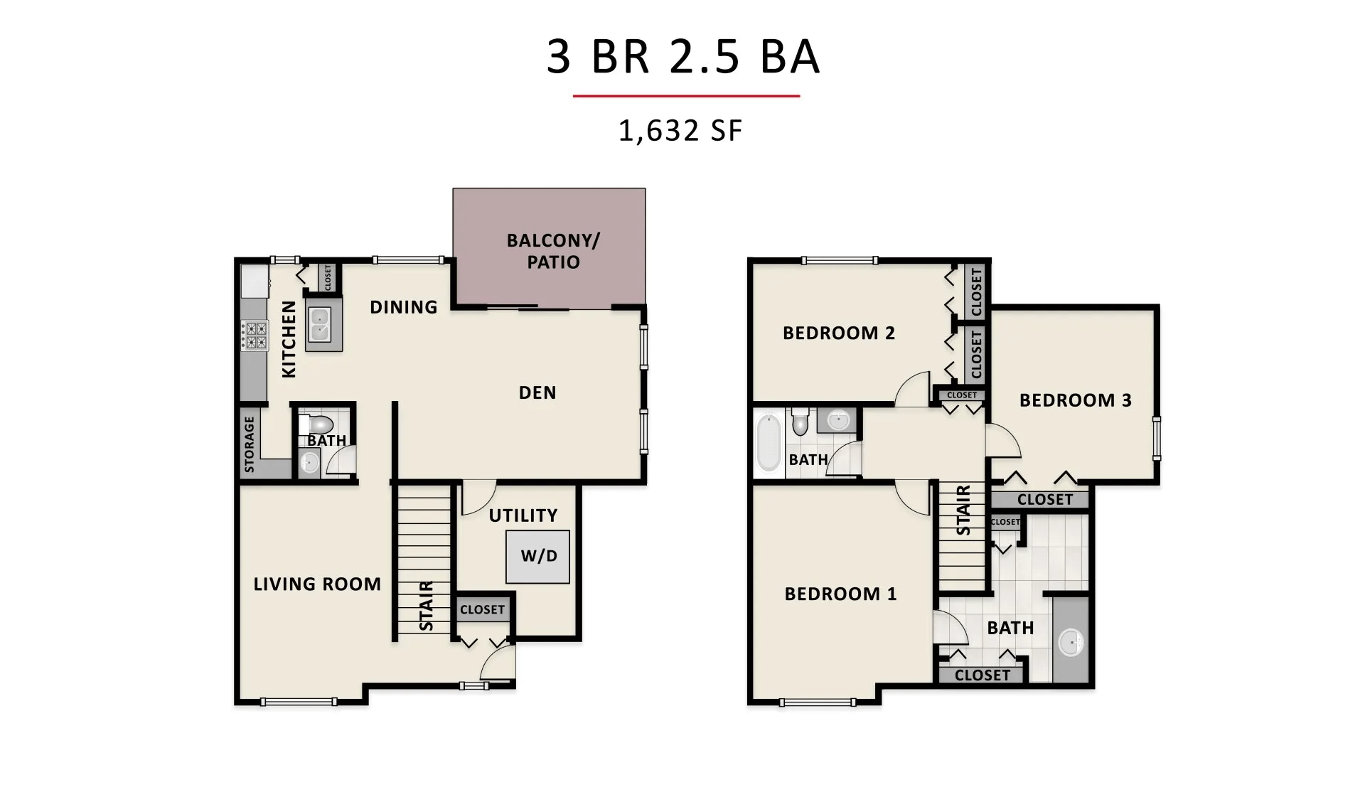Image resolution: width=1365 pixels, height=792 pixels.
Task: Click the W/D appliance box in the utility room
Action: click(538, 557)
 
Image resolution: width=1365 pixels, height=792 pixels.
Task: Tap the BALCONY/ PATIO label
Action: click(553, 251)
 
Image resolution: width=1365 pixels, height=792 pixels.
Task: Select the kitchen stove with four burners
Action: click(255, 336)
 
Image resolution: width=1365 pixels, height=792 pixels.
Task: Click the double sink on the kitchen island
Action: click(319, 324)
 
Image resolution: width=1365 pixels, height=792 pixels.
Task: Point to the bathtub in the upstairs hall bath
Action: click(769, 443)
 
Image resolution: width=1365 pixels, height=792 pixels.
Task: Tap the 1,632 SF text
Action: click(680, 131)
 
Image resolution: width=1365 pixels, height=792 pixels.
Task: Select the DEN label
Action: click(537, 392)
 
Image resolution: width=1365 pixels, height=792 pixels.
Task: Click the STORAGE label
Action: click(250, 444)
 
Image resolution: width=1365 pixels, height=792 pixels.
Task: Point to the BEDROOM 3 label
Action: click(1075, 400)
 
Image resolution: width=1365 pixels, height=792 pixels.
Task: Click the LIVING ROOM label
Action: click(317, 584)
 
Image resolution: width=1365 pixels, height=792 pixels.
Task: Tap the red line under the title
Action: click(686, 96)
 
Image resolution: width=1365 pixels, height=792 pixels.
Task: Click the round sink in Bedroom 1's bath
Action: click(1071, 643)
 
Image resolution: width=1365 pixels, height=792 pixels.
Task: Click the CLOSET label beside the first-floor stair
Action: click(482, 609)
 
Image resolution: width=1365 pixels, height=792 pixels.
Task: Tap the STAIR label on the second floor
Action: click(963, 510)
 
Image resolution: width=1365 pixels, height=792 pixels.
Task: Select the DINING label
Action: click(403, 307)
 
